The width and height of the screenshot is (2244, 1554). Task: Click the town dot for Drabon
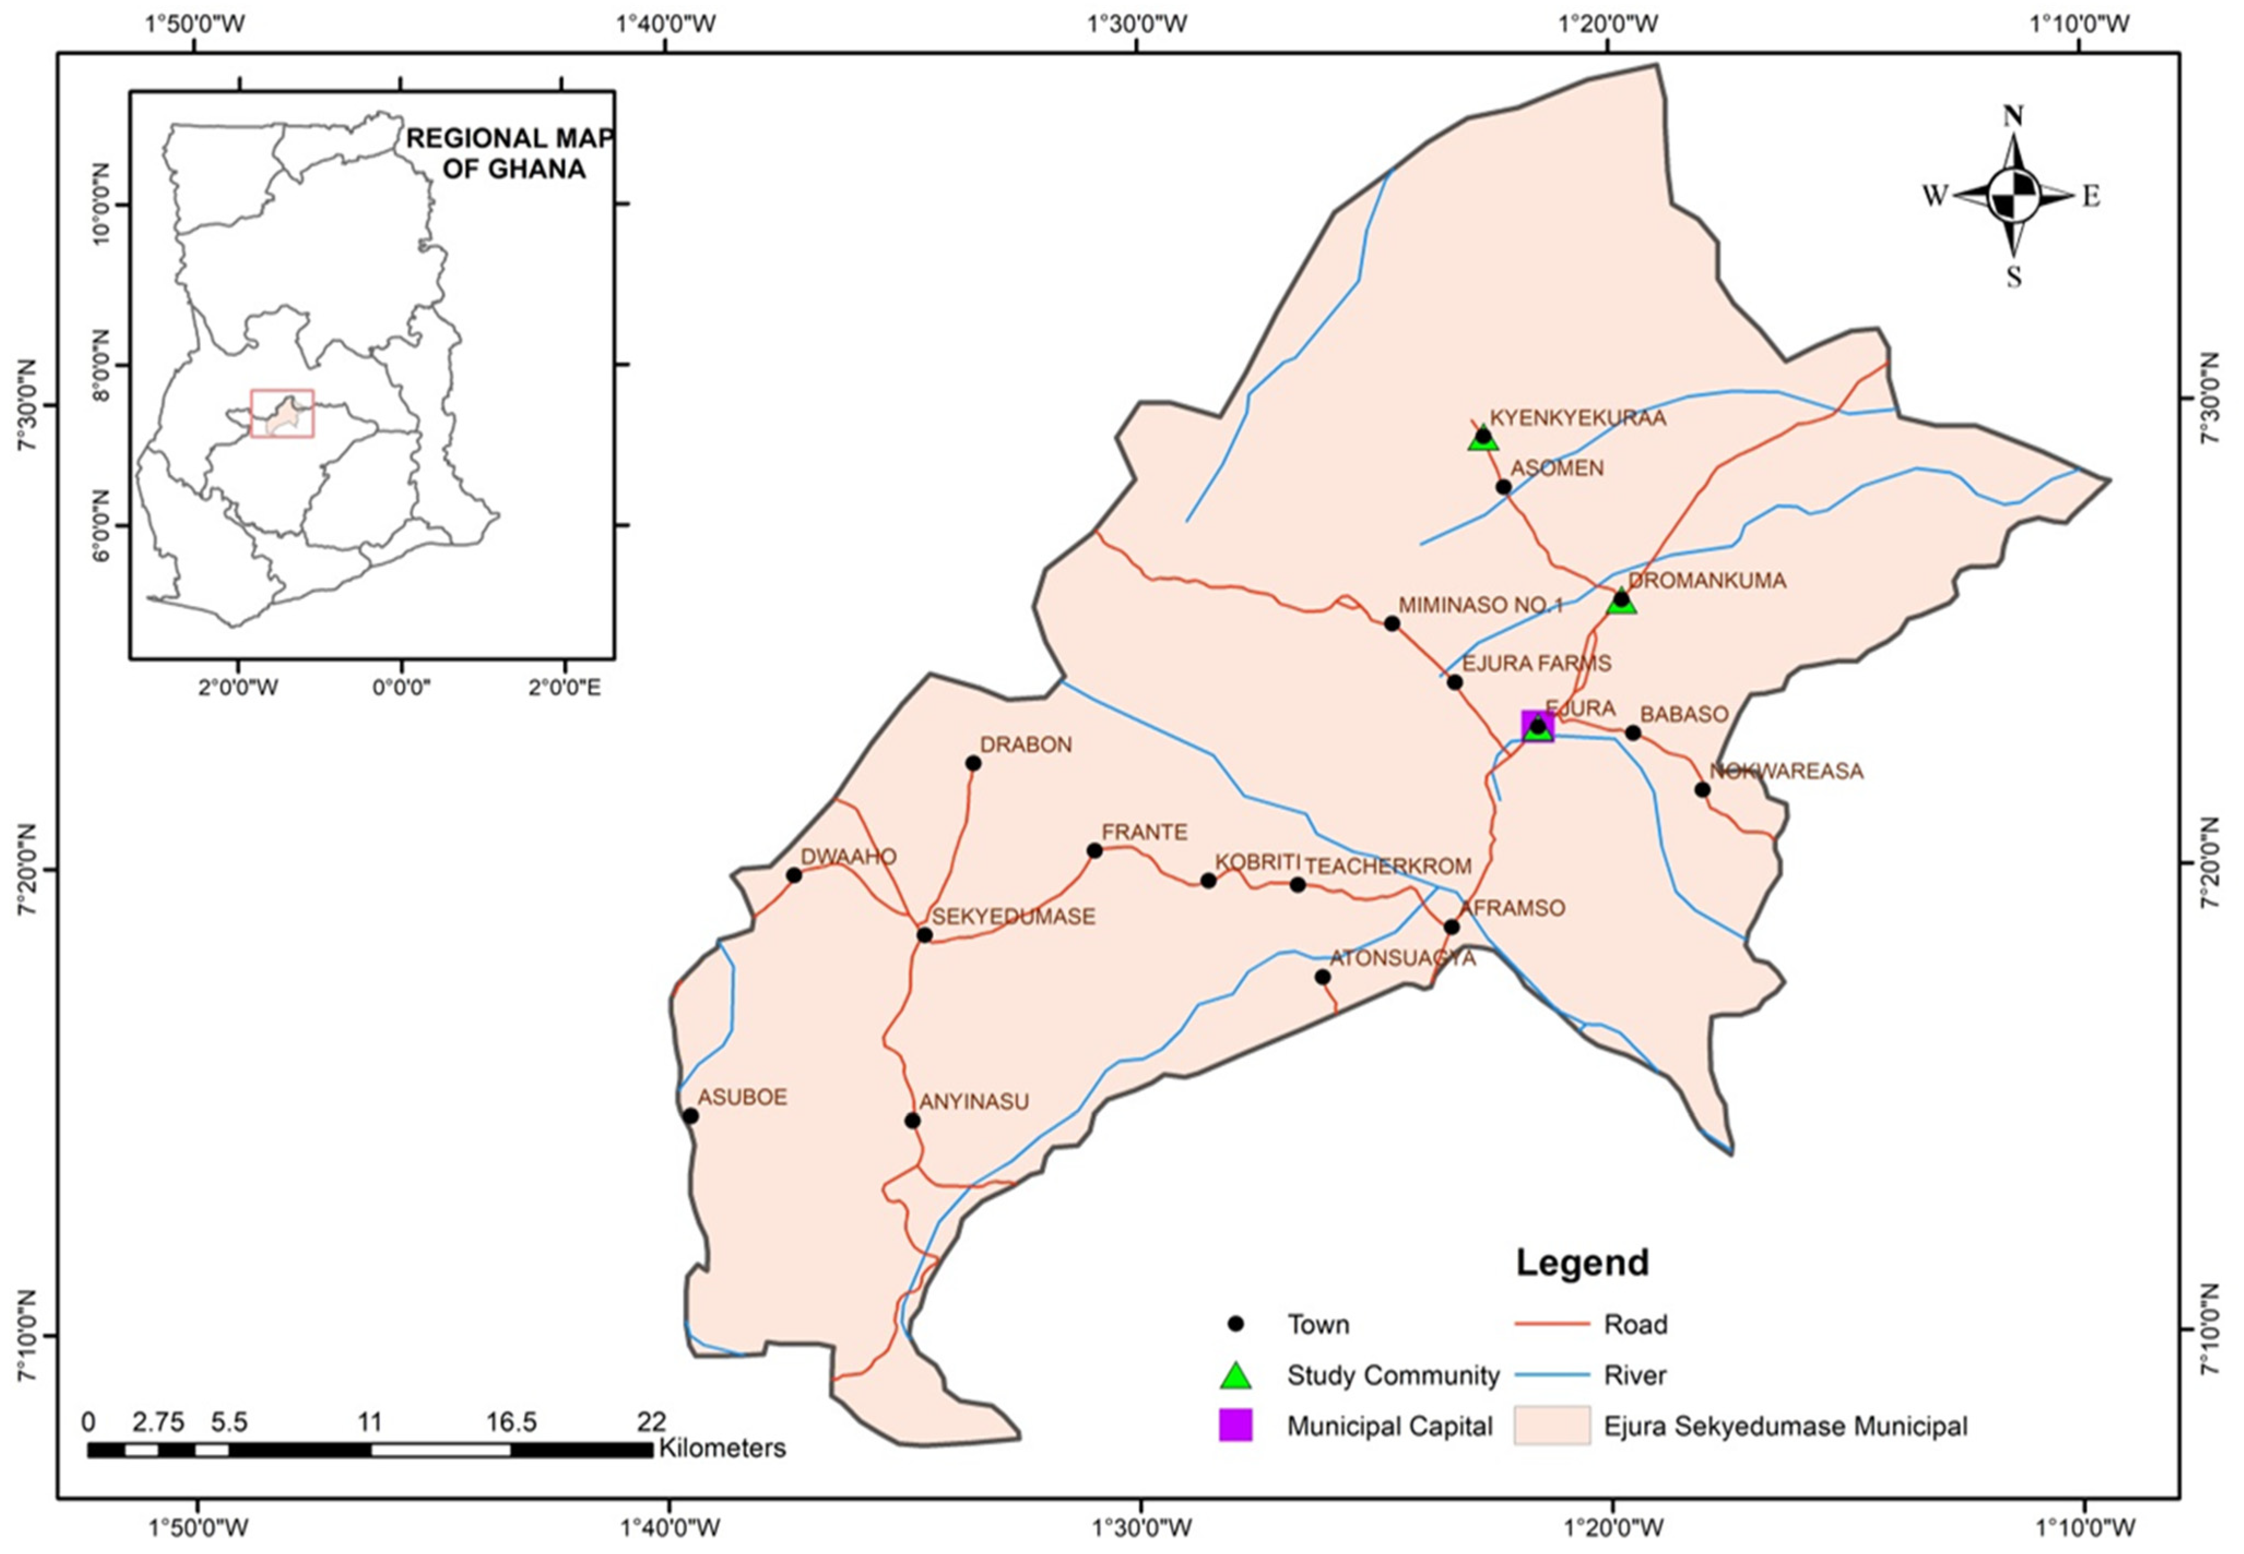pos(972,763)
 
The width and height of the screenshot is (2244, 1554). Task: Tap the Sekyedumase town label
pos(1013,916)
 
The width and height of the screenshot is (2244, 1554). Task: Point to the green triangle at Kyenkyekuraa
pos(1482,439)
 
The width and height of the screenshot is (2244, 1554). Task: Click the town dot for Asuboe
pos(690,1116)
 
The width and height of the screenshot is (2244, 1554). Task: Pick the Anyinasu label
pos(974,1102)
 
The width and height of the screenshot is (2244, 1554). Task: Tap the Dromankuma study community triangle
pos(1621,601)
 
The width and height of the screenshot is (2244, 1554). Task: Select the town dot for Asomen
pos(1503,487)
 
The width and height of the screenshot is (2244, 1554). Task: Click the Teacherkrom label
pos(1388,866)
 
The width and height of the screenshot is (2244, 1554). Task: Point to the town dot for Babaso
pos(1633,732)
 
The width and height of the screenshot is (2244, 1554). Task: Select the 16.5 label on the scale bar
pos(511,1422)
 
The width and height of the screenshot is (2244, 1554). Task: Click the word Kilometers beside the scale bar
pos(722,1448)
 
